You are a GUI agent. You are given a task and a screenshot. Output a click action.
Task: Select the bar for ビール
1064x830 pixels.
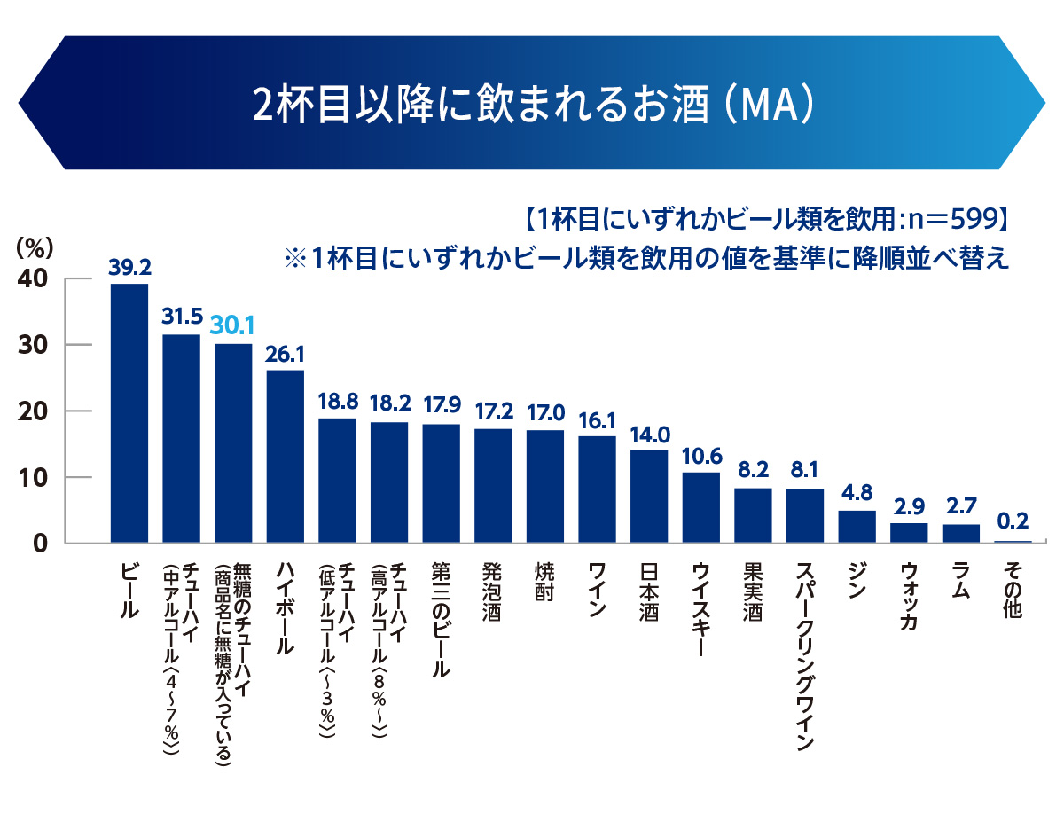(x=129, y=413)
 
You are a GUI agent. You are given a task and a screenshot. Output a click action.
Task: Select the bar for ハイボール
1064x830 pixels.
(x=285, y=456)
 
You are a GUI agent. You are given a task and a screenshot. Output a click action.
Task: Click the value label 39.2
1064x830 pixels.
(x=129, y=266)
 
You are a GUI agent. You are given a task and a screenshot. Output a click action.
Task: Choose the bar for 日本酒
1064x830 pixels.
(x=648, y=497)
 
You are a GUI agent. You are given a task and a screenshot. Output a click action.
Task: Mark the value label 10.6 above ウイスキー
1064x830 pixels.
(x=700, y=456)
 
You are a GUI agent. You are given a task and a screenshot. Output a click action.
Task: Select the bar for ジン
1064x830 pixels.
(x=857, y=527)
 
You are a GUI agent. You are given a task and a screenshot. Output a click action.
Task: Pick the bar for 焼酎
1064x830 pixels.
(x=544, y=487)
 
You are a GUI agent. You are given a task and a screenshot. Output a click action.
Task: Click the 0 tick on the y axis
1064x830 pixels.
(x=39, y=543)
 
